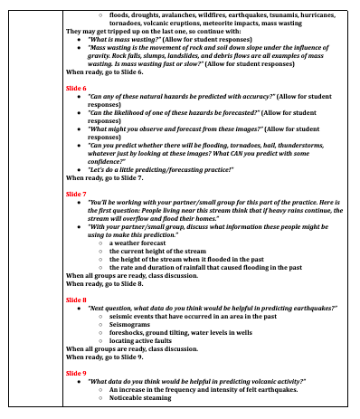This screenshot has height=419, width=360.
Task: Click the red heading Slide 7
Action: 77,194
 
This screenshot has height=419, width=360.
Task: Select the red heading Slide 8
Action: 77,298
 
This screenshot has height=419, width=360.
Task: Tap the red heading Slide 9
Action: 77,372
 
